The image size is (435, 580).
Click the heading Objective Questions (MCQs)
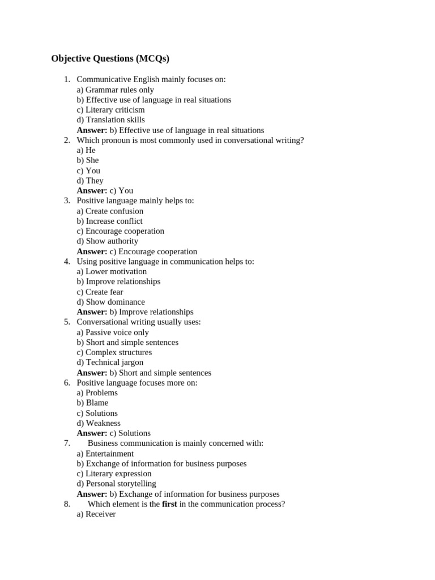[110, 58]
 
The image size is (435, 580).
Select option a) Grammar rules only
[115, 89]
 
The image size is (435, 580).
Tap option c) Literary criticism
[110, 110]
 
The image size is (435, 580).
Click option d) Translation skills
[110, 120]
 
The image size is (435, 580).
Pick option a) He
[86, 150]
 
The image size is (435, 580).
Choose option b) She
[88, 160]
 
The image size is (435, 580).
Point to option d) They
[90, 181]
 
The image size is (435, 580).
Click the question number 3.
[67, 201]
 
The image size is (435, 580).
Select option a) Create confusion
[110, 211]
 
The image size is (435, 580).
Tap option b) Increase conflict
[109, 221]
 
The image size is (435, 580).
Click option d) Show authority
[108, 241]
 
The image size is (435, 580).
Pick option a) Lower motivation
[112, 271]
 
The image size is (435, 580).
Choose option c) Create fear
[100, 292]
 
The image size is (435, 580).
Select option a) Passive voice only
[113, 332]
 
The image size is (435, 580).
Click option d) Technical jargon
[110, 362]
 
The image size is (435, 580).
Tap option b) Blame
[92, 403]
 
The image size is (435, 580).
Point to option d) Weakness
[99, 423]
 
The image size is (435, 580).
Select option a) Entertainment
[105, 454]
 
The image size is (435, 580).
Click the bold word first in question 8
[169, 504]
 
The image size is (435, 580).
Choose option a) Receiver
[96, 514]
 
